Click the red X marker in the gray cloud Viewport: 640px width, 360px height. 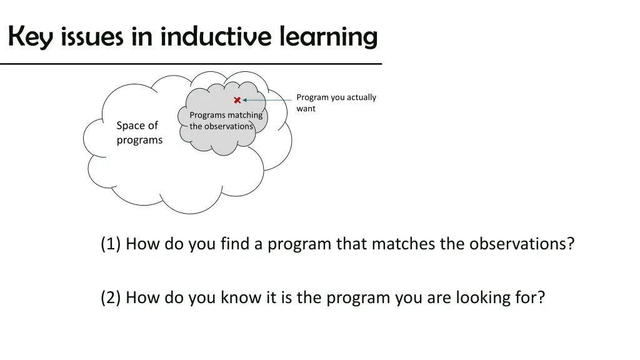coord(237,100)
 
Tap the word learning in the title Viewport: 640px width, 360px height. coord(328,37)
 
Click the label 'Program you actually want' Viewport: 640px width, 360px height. coord(336,103)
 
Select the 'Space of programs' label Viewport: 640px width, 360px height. coord(139,132)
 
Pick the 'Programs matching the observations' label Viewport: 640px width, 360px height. coord(226,121)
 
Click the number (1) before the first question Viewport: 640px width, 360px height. coord(111,244)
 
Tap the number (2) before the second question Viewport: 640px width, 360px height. coord(111,297)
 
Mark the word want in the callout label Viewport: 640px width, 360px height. coord(306,109)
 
